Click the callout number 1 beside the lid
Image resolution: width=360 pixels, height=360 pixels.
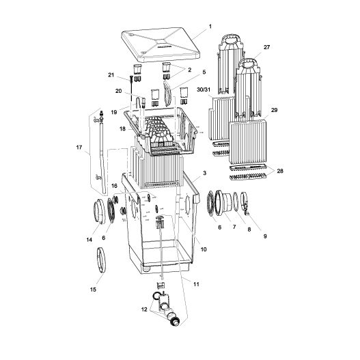(210, 26)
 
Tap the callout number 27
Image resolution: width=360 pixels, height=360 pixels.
(267, 47)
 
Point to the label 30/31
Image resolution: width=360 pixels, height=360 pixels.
(202, 89)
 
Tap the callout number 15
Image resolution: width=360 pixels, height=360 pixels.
(94, 290)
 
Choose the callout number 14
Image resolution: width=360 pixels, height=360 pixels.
(89, 240)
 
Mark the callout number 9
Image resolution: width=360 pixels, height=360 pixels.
(264, 236)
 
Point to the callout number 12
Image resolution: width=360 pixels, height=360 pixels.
(144, 309)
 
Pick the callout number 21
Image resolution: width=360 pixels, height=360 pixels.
(111, 74)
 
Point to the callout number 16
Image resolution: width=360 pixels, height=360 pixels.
(114, 185)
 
